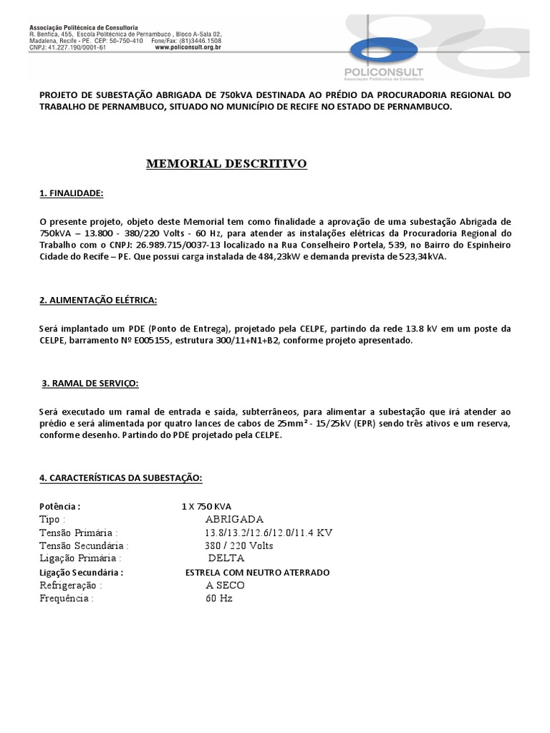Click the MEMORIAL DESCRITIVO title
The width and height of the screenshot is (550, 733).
point(226,164)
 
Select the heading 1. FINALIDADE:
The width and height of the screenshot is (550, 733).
point(71,194)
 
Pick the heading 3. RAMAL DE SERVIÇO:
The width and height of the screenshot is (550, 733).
point(90,384)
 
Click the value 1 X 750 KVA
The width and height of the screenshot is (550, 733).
point(206,506)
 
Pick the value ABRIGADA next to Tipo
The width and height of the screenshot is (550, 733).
point(234,519)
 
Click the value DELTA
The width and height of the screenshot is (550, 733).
point(226,558)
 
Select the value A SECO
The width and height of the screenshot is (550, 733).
point(225,585)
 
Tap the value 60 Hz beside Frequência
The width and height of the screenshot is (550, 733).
point(218,598)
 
